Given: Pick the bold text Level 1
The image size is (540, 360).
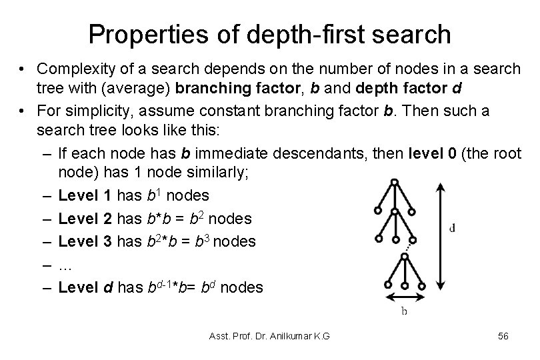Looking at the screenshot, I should [x=85, y=195].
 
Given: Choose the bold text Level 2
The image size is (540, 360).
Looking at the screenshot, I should [x=85, y=219].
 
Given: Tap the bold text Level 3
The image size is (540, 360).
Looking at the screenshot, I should [x=85, y=241].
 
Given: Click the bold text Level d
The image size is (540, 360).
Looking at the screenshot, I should [x=85, y=287].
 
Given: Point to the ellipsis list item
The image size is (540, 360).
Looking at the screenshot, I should [x=65, y=265].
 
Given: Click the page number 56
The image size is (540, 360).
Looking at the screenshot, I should [x=503, y=337].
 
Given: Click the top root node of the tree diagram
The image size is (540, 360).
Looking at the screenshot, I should [x=395, y=181].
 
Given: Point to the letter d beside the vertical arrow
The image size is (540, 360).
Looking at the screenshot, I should [x=453, y=227].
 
